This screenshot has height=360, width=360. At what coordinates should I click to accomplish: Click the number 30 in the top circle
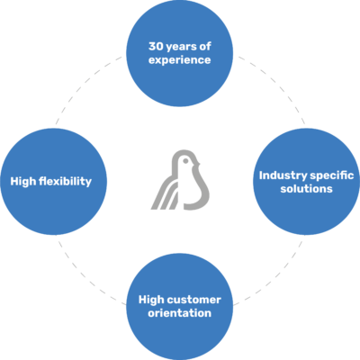click(x=156, y=46)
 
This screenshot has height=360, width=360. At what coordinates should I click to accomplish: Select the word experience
click(x=180, y=60)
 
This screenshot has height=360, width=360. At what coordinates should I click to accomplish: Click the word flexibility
click(x=65, y=181)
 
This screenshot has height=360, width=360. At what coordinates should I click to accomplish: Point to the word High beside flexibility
click(x=23, y=181)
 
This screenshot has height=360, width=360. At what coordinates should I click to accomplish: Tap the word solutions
click(x=306, y=189)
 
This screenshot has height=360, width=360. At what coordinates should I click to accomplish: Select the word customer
click(x=194, y=300)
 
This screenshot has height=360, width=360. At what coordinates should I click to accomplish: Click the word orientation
click(x=180, y=313)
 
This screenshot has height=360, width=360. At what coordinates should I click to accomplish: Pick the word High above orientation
click(x=151, y=300)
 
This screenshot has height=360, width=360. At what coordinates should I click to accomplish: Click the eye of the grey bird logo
click(x=185, y=161)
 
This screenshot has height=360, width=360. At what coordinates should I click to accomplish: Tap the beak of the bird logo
click(x=198, y=164)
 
